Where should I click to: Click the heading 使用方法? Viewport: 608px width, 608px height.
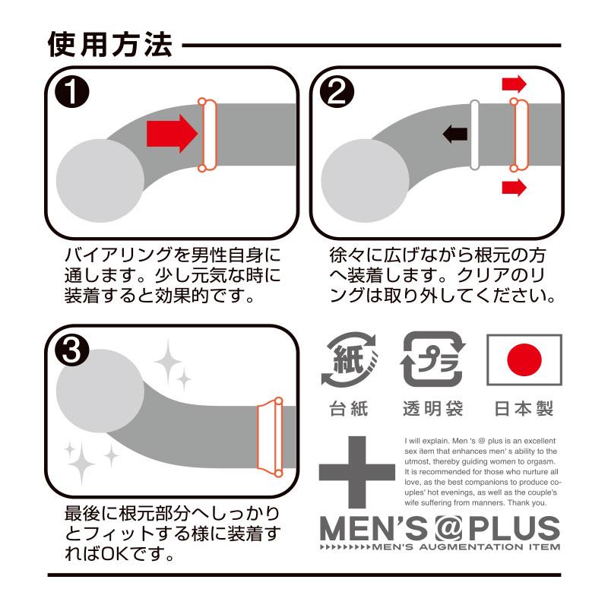coord(109,45)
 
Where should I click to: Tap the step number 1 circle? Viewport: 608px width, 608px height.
coord(72,92)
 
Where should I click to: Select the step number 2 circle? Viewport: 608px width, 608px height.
coord(337,92)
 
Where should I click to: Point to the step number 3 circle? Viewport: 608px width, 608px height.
coord(72,350)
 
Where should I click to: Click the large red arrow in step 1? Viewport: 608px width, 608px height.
coord(173,134)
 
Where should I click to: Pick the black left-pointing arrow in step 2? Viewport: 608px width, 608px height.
coord(454,135)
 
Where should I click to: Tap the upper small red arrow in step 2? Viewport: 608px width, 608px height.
coord(515,84)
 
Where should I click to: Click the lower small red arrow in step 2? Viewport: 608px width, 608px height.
coord(515,188)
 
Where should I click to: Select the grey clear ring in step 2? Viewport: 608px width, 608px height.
coord(474,135)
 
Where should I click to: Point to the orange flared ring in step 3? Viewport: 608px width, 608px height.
coord(271,436)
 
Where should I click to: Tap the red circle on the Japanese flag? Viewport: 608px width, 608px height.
coord(524,359)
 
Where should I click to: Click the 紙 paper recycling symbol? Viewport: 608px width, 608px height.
coord(350,359)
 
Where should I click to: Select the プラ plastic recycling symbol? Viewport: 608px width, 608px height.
coord(432,359)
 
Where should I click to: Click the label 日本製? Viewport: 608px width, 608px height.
coord(524,409)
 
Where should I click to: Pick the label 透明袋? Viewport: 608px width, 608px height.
coord(433,409)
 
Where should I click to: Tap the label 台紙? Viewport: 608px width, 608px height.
coord(349,409)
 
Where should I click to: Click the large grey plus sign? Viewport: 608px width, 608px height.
coord(356,472)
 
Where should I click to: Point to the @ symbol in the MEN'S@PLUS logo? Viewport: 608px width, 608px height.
coord(448,528)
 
